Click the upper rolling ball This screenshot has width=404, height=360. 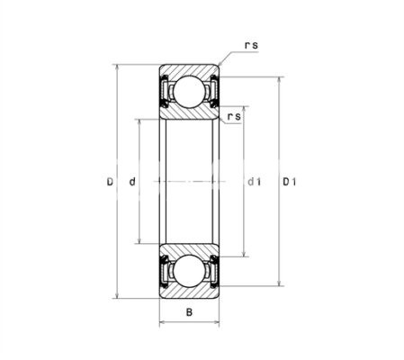pyautogui.click(x=189, y=92)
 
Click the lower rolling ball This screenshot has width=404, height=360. pyautogui.click(x=189, y=271)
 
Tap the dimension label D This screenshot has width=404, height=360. pyautogui.click(x=110, y=182)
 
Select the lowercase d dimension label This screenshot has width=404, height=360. pyautogui.click(x=132, y=182)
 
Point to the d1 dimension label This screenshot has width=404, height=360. pyautogui.click(x=255, y=182)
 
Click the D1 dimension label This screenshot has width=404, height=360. pyautogui.click(x=290, y=182)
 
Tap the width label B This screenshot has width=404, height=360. pyautogui.click(x=189, y=312)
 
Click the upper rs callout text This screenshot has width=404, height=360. pyautogui.click(x=251, y=45)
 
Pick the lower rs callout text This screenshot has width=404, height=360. pyautogui.click(x=234, y=116)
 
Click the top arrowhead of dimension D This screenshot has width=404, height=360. pyautogui.click(x=117, y=67)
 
